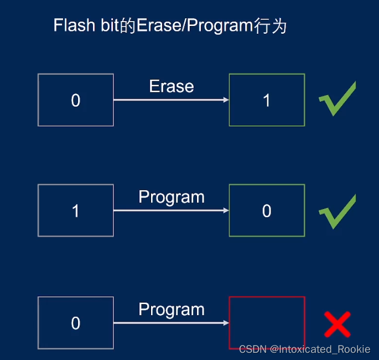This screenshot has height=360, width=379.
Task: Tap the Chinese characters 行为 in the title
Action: (272, 27)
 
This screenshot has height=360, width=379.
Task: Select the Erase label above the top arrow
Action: (172, 86)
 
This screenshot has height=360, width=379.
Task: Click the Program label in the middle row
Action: (172, 197)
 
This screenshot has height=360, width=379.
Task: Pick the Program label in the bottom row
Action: (172, 309)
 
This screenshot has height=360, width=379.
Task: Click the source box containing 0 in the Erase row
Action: (76, 100)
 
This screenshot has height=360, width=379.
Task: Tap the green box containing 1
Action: (267, 100)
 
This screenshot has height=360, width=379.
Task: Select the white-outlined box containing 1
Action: (76, 211)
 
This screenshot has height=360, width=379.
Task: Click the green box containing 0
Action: (267, 211)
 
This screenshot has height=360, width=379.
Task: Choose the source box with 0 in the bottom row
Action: (76, 323)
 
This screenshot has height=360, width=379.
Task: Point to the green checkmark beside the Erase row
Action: (336, 100)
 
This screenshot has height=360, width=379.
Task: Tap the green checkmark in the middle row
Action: (336, 211)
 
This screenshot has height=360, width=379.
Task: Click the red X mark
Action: (337, 325)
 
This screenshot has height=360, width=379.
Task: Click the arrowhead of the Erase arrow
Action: (226, 100)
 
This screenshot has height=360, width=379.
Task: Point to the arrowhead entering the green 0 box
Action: (226, 211)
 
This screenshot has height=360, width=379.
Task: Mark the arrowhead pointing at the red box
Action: (226, 323)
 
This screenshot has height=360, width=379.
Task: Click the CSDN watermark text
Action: (304, 349)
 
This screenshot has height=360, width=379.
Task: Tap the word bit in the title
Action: (108, 26)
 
